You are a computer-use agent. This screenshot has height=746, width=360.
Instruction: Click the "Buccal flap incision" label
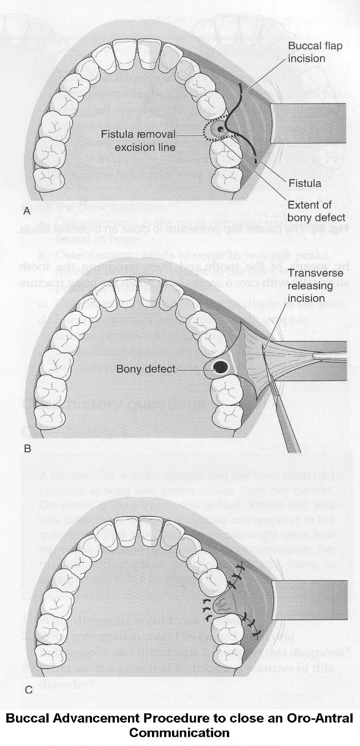coord(315,51)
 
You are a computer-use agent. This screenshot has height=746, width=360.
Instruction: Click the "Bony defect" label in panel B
coord(145,369)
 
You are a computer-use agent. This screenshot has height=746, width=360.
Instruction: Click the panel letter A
coord(26,210)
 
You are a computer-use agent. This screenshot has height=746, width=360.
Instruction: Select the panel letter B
coord(27,449)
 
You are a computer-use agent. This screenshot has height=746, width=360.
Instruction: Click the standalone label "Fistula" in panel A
coord(306,183)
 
